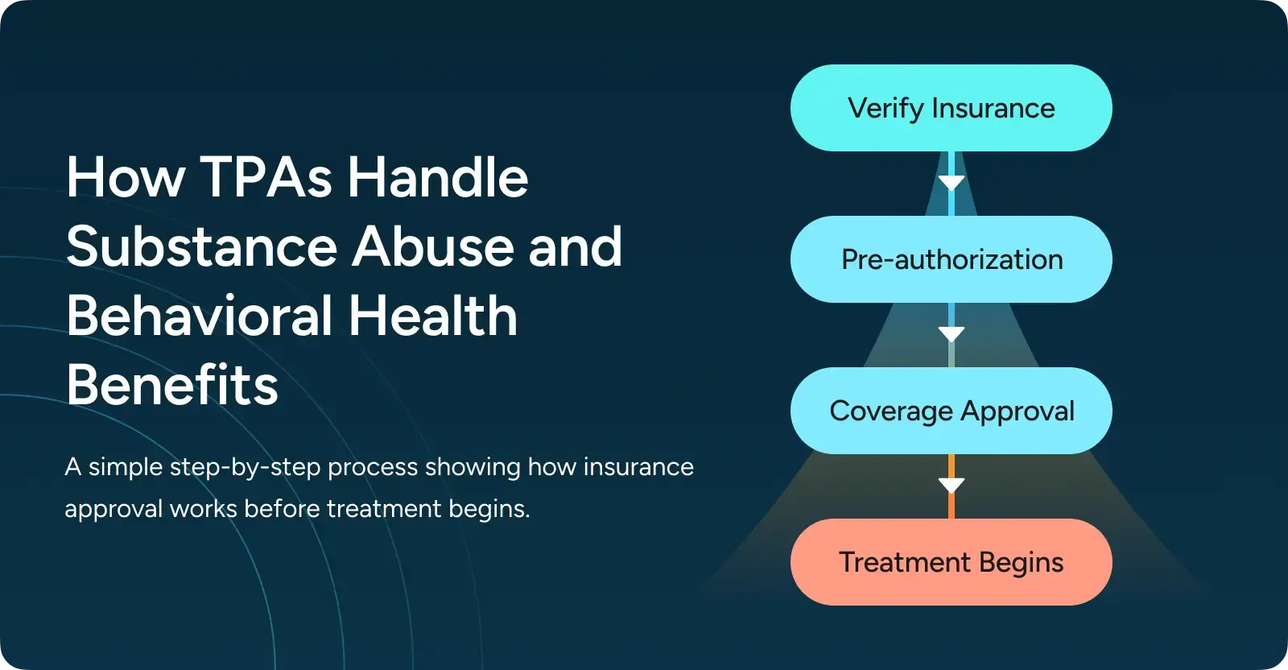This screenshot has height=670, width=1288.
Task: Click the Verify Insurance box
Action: click(x=951, y=108)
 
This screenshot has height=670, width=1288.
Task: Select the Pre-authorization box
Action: click(x=951, y=259)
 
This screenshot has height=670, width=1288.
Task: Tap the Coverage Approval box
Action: click(x=951, y=411)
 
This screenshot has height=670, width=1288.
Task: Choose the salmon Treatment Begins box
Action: click(x=951, y=562)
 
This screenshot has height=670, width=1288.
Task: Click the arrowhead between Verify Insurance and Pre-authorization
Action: click(x=952, y=183)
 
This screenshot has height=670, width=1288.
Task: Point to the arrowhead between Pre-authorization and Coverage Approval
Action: click(x=952, y=334)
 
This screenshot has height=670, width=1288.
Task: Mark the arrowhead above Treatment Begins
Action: click(x=952, y=485)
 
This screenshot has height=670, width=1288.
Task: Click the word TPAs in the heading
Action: click(x=266, y=177)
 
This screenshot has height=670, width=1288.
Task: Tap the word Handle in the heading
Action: click(x=438, y=177)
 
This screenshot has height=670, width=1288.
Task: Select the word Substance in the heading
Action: click(x=201, y=246)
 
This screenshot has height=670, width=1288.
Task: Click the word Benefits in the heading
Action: click(x=172, y=385)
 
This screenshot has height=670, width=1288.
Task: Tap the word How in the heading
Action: click(x=126, y=177)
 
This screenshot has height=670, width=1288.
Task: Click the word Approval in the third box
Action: click(x=1018, y=412)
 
